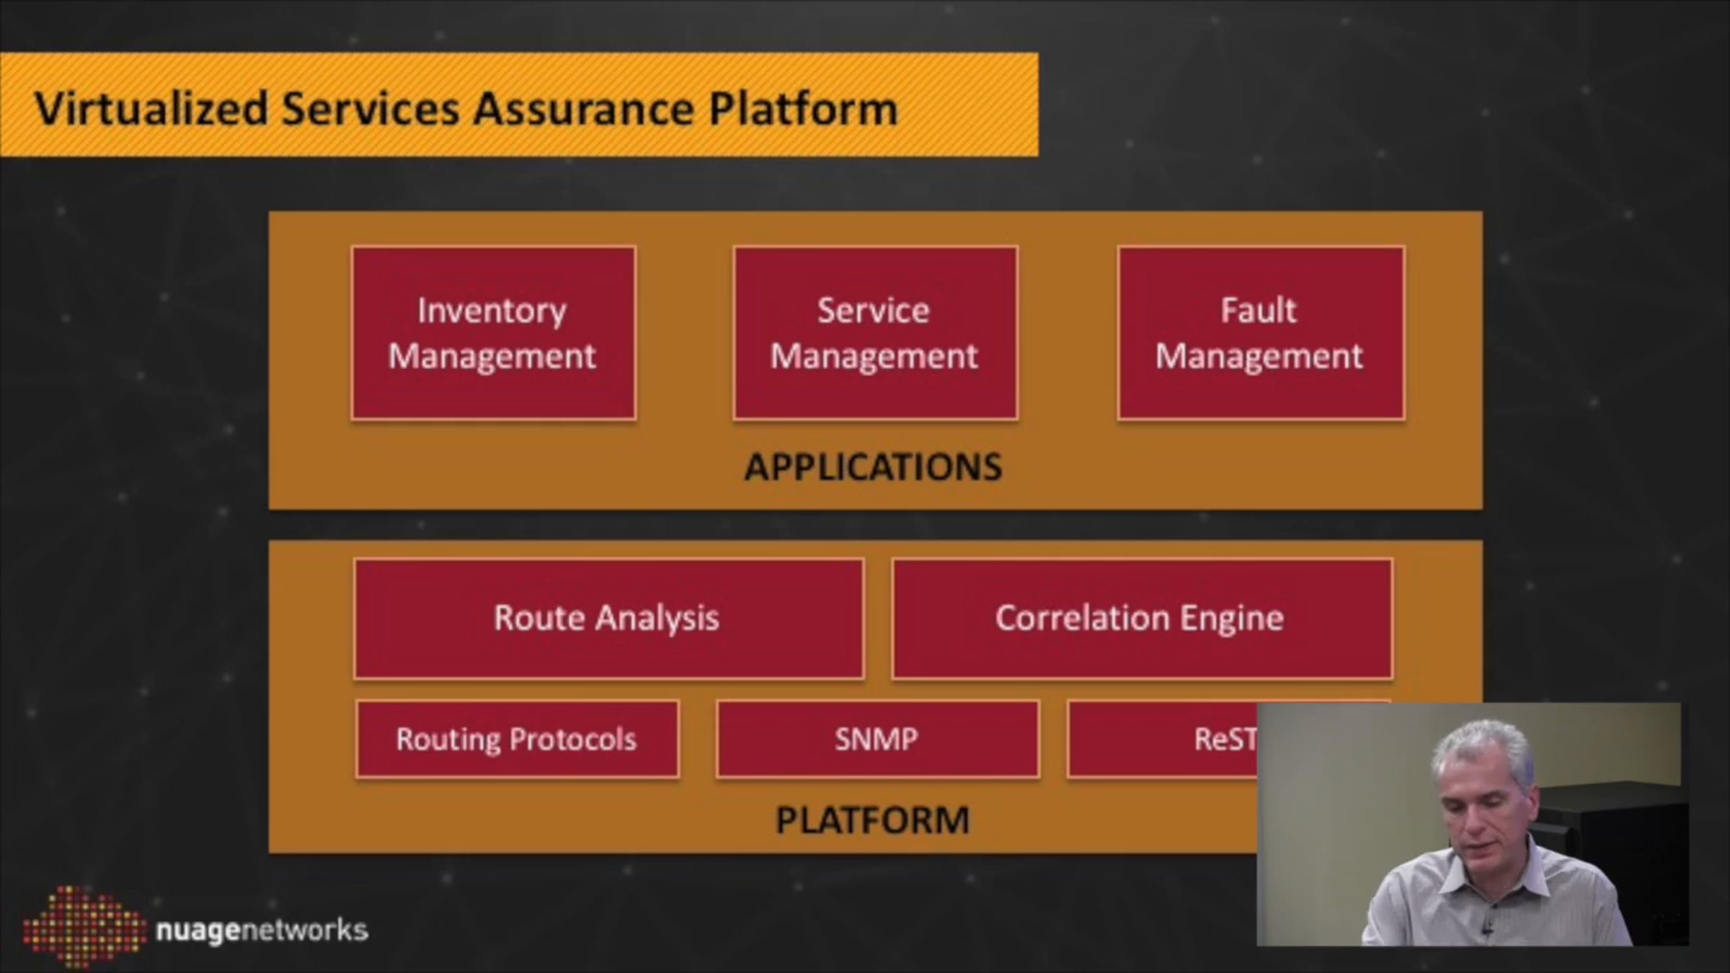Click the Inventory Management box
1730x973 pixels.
point(493,332)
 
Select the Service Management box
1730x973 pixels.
point(875,332)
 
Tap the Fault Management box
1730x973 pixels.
point(1260,332)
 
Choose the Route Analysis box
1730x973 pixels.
point(608,618)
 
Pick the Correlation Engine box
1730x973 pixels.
point(1141,618)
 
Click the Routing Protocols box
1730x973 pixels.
point(517,739)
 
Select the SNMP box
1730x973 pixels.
point(877,739)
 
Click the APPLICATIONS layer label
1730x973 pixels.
point(873,467)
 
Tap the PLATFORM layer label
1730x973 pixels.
point(872,820)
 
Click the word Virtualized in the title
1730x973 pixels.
point(151,109)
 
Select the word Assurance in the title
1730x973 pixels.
point(583,109)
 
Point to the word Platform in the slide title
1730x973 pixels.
point(803,109)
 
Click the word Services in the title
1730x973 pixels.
point(370,109)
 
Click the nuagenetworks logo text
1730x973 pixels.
point(262,930)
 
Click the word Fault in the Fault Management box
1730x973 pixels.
point(1258,311)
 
